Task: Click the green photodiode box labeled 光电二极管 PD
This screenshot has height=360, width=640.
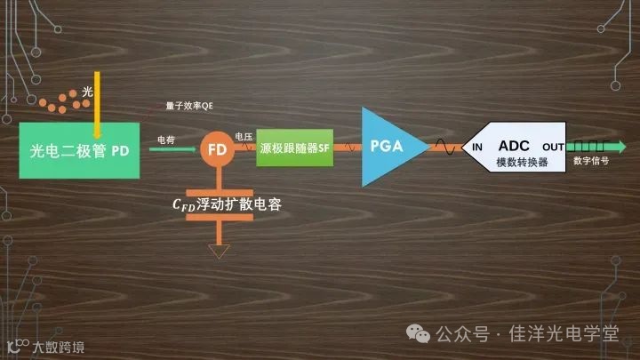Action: click(79, 151)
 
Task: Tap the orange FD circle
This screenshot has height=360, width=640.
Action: click(216, 149)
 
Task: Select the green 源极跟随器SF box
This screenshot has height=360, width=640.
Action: click(294, 149)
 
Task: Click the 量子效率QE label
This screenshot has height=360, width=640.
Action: click(189, 107)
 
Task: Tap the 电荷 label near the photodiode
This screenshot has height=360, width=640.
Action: click(166, 140)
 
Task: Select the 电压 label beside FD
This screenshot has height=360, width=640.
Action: click(244, 136)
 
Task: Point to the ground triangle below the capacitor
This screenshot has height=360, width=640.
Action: click(217, 253)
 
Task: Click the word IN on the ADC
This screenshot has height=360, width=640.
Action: click(477, 147)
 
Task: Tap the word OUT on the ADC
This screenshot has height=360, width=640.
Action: click(553, 147)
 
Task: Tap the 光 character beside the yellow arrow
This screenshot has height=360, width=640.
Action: click(87, 92)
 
